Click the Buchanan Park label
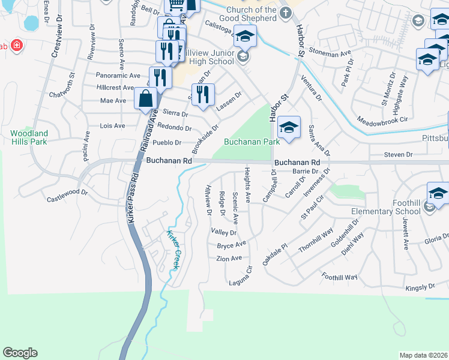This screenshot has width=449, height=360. (252, 142)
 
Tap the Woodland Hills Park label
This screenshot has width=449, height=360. (29, 137)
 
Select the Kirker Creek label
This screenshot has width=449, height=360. (173, 250)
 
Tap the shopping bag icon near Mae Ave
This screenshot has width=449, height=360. (146, 99)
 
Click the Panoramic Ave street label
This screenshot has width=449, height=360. (118, 76)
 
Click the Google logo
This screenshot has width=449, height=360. (20, 353)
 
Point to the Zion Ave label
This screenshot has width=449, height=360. (229, 258)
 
